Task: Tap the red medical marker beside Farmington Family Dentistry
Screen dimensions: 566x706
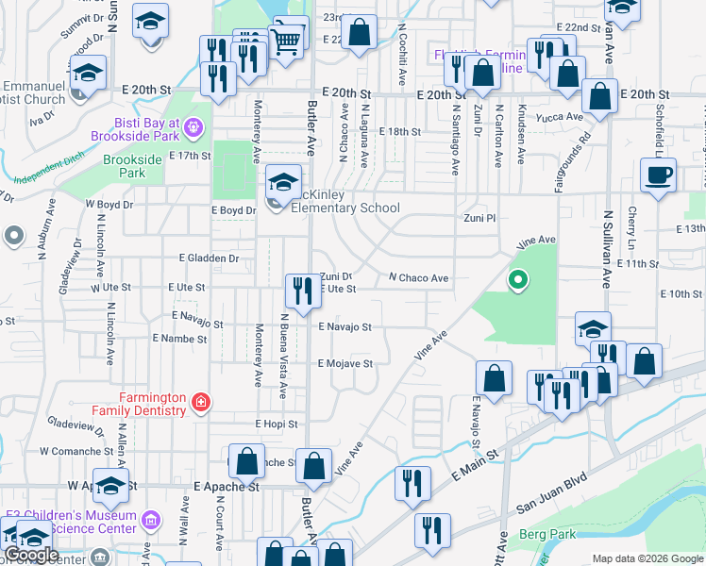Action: tap(199, 404)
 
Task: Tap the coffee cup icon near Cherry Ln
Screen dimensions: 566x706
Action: tap(658, 175)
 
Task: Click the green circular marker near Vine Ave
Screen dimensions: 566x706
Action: tap(517, 279)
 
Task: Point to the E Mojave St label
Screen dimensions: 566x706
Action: tap(345, 363)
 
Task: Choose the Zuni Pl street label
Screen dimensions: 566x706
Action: tap(478, 218)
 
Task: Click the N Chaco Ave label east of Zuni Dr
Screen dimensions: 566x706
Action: tap(418, 278)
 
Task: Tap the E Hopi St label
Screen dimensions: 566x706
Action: tap(275, 424)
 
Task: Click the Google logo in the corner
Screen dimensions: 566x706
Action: tap(31, 555)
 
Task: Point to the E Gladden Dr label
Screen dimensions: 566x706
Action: tap(210, 258)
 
